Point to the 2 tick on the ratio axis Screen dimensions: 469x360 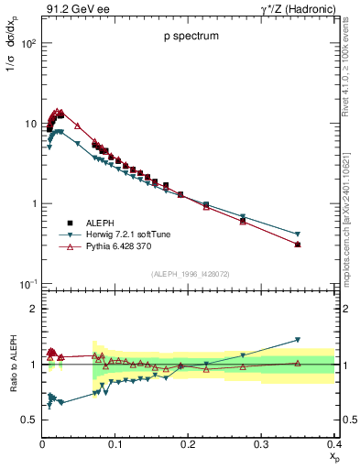(x=33, y=309)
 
